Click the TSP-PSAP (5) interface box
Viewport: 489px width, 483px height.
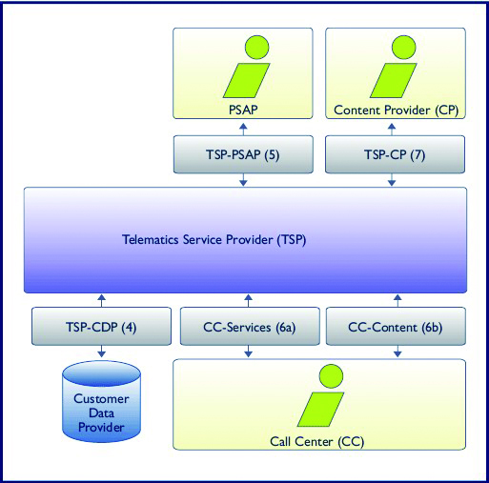pyautogui.click(x=244, y=155)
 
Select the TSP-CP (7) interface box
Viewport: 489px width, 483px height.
pyautogui.click(x=395, y=155)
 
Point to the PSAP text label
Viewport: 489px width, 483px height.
pyautogui.click(x=244, y=111)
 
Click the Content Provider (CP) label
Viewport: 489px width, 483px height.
pyautogui.click(x=396, y=111)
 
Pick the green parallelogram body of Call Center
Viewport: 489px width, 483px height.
pyautogui.click(x=321, y=411)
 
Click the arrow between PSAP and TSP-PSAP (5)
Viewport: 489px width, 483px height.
pyautogui.click(x=244, y=128)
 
